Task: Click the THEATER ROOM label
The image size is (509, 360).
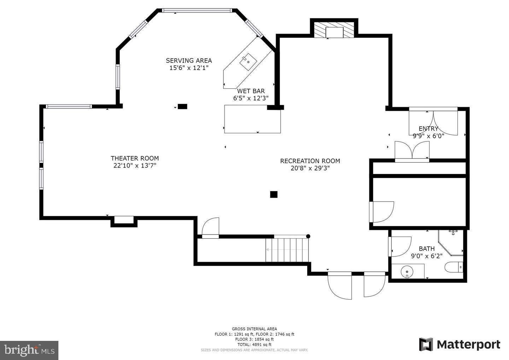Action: pyautogui.click(x=135, y=158)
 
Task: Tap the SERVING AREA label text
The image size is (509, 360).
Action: pyautogui.click(x=189, y=60)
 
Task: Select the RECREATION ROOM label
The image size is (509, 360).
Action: pyautogui.click(x=310, y=161)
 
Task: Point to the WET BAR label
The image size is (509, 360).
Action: pyautogui.click(x=251, y=91)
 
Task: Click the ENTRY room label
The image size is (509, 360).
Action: pyautogui.click(x=428, y=129)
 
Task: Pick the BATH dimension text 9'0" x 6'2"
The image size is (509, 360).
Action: pyautogui.click(x=427, y=256)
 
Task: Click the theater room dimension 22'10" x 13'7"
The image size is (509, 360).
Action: pyautogui.click(x=135, y=166)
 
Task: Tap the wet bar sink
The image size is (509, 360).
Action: pyautogui.click(x=248, y=62)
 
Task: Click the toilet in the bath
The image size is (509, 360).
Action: pyautogui.click(x=454, y=267)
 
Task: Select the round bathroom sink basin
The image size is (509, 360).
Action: pyautogui.click(x=407, y=272)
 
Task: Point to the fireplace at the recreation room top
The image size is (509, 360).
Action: pyautogui.click(x=334, y=30)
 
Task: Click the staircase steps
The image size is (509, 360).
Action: pyautogui.click(x=287, y=250)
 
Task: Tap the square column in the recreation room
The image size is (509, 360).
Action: pyautogui.click(x=274, y=194)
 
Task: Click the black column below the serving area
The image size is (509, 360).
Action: pyautogui.click(x=182, y=106)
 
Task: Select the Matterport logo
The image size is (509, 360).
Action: pyautogui.click(x=460, y=344)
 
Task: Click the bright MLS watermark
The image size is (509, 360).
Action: pyautogui.click(x=29, y=350)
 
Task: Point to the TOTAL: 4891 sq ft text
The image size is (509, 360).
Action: pyautogui.click(x=254, y=344)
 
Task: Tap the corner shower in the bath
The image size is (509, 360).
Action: pyautogui.click(x=451, y=243)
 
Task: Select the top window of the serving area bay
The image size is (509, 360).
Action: pyautogui.click(x=197, y=11)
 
